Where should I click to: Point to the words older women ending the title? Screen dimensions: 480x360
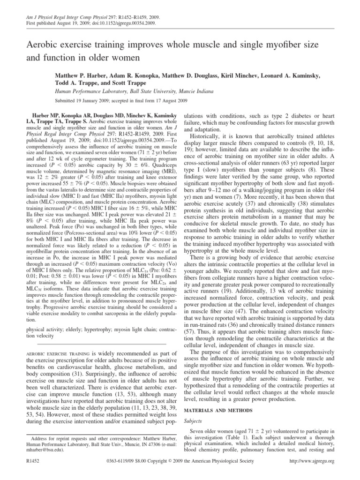point(117,59)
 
